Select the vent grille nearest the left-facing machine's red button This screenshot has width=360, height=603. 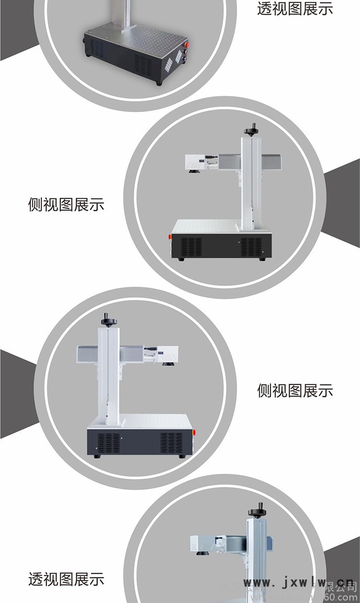pyautogui.click(x=191, y=247)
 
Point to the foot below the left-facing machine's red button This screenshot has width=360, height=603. pyautogui.click(x=181, y=259)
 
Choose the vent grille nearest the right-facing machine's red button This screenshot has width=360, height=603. pyautogui.click(x=171, y=445)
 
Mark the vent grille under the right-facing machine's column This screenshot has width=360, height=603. pyautogui.click(x=108, y=445)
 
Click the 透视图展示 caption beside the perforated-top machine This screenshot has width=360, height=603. pyautogui.click(x=295, y=9)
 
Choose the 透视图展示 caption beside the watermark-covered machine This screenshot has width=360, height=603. pyautogui.click(x=66, y=579)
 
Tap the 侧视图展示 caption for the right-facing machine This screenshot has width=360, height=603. pyautogui.click(x=295, y=391)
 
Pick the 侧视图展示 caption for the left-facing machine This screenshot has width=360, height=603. pyautogui.click(x=66, y=205)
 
